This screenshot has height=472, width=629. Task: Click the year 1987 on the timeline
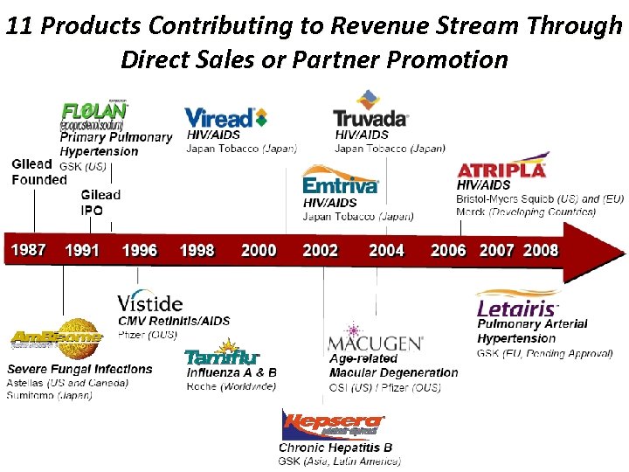point(28,250)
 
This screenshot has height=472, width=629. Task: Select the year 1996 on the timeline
point(140,251)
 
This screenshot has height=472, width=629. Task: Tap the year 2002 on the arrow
point(320,251)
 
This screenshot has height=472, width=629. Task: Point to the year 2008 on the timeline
point(540,251)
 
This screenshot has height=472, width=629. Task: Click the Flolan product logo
point(94,112)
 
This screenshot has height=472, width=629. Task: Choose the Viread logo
point(225,117)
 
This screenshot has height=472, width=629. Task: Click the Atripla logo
point(501,169)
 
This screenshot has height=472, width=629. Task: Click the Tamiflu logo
point(222,357)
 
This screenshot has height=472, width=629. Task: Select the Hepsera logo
point(334,424)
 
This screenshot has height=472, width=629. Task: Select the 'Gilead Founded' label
point(39,172)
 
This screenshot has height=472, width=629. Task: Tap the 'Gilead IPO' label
point(100,202)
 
